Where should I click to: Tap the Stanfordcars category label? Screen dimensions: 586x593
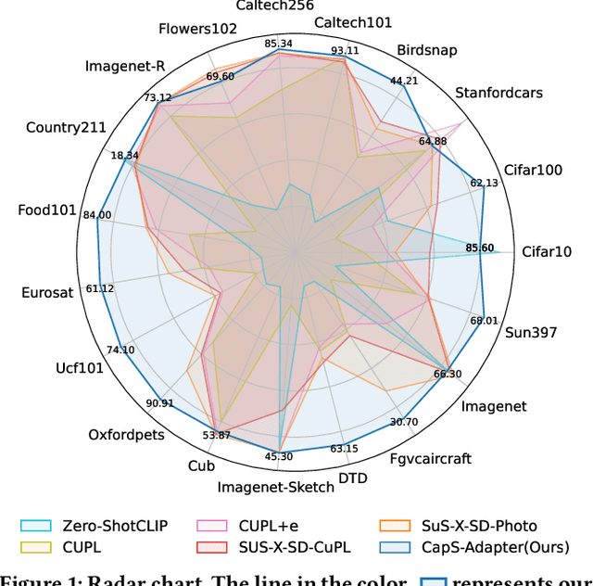[498, 92]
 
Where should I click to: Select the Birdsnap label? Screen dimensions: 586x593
[426, 50]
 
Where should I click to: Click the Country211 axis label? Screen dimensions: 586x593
[66, 127]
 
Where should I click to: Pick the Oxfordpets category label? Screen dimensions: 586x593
[126, 434]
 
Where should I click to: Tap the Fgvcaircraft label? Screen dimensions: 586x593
[430, 457]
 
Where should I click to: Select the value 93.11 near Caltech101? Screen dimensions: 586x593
[345, 50]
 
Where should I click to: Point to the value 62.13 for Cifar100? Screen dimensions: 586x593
[484, 183]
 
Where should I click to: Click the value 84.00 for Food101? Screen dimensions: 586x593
[96, 215]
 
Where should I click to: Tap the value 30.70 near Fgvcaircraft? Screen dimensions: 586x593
[403, 422]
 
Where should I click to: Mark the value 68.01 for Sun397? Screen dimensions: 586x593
[484, 321]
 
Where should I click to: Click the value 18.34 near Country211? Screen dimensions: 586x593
[125, 155]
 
